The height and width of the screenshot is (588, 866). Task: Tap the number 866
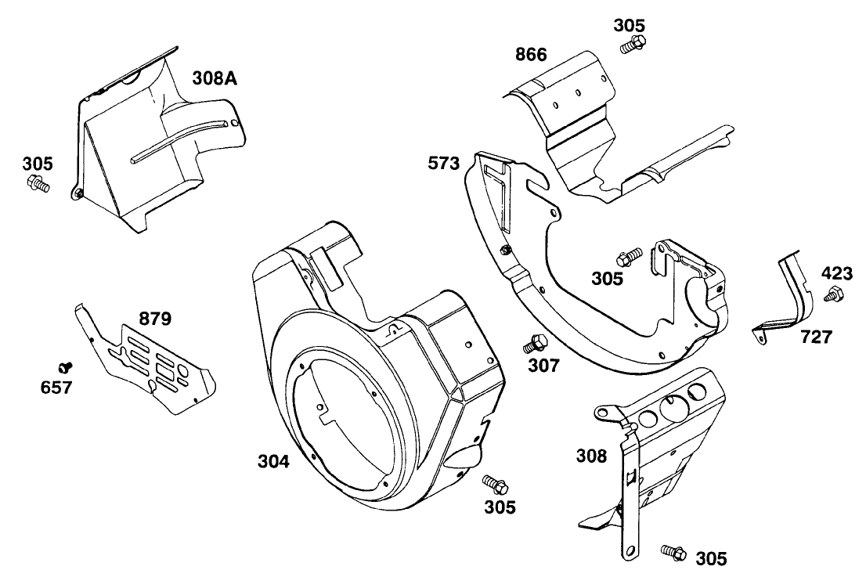point(531,56)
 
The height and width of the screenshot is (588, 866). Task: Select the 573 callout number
point(443,164)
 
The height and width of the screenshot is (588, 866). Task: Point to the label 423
point(836,275)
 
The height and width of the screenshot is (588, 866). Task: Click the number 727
point(816,337)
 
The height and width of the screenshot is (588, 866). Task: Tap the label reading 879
point(155,319)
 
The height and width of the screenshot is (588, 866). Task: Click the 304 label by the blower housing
point(274,462)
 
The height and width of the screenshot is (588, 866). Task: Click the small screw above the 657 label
point(66,366)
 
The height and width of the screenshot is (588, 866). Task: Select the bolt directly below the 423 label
point(834,295)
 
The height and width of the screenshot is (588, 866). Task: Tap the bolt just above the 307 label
point(536,342)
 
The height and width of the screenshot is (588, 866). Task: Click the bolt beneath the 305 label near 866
point(632,45)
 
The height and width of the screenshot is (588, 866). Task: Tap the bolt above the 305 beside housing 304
point(494,482)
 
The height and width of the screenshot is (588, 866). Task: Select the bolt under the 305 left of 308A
point(37,184)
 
